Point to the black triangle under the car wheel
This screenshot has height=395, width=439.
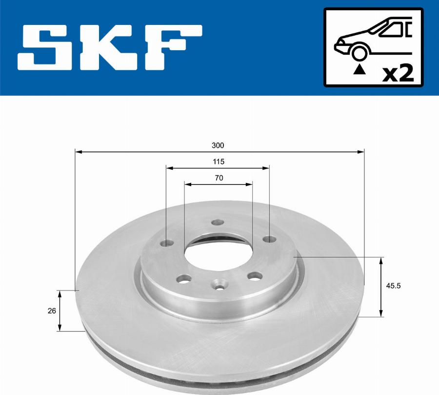click(x=360, y=69)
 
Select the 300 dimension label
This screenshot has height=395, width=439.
click(x=218, y=145)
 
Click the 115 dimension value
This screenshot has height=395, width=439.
click(x=219, y=162)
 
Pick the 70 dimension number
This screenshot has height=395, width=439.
click(x=219, y=178)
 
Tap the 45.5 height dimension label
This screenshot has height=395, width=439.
click(x=393, y=286)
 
